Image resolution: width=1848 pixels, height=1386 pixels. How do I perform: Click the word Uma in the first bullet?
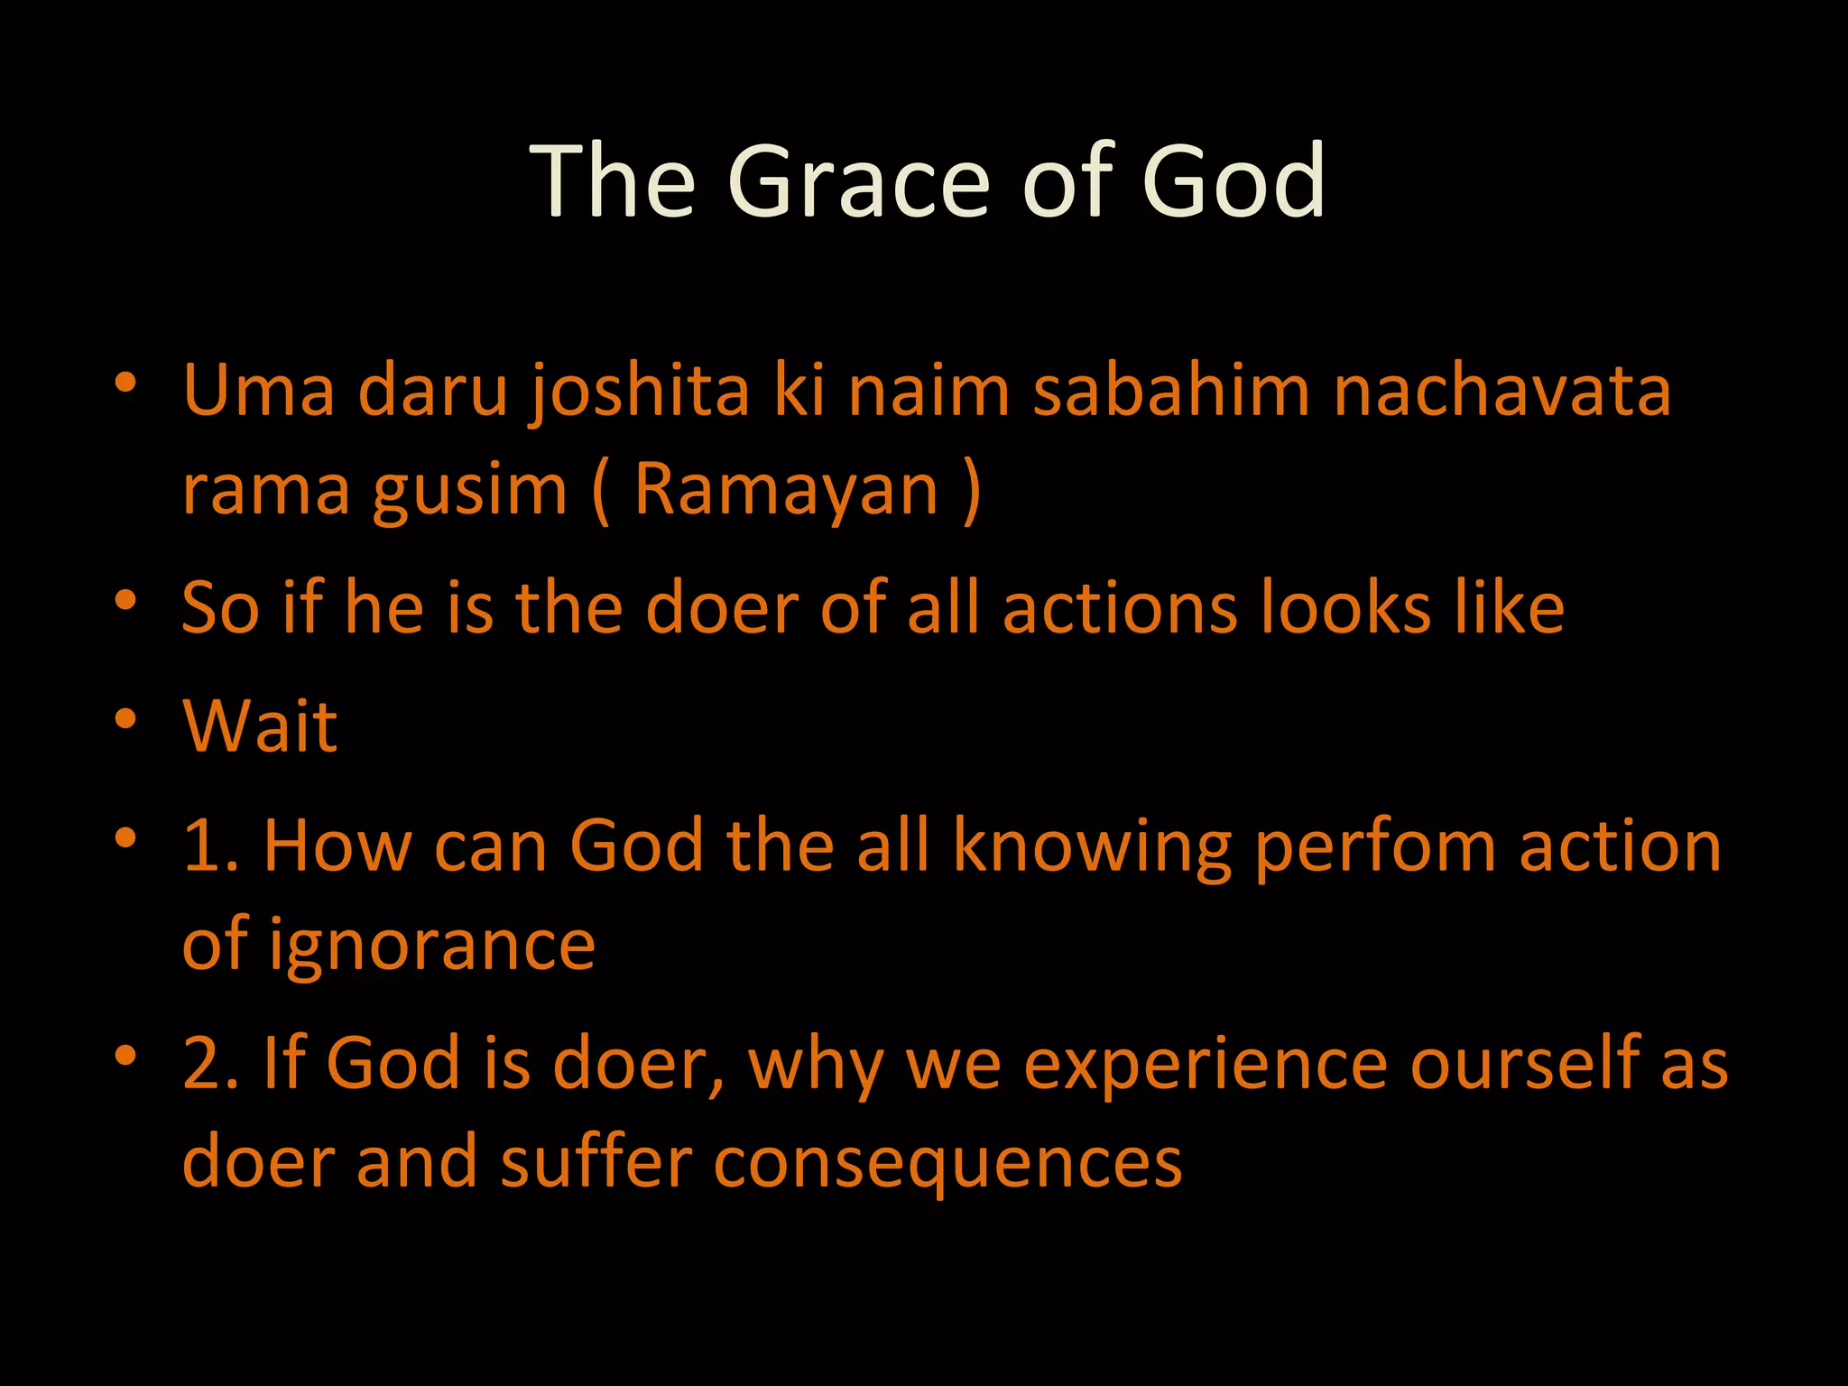tap(259, 391)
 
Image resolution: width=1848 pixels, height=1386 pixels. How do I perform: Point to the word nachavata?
tap(1501, 391)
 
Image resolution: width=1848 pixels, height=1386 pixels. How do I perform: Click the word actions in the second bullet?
tap(1120, 608)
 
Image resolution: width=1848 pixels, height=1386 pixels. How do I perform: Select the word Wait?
tap(260, 726)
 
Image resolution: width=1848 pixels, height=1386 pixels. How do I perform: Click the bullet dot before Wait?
tap(125, 719)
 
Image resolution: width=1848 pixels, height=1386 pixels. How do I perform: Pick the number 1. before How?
tap(210, 846)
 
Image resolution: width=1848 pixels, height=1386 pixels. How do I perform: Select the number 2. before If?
tap(210, 1064)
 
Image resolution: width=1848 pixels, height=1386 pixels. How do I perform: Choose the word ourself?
tap(1525, 1064)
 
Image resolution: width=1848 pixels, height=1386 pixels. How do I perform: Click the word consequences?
tap(947, 1163)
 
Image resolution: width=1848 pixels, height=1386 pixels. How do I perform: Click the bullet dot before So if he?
tap(125, 600)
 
